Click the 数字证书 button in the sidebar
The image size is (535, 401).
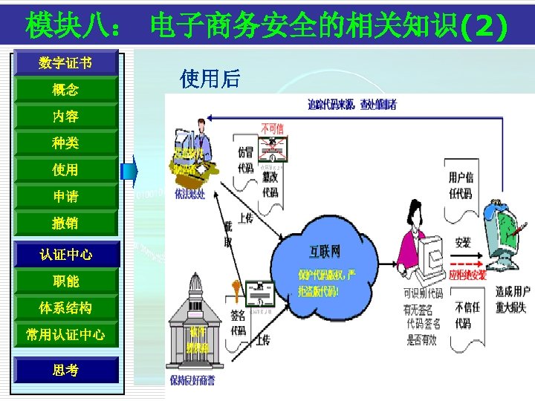pyautogui.click(x=65, y=63)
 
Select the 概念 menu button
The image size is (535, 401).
pyautogui.click(x=65, y=90)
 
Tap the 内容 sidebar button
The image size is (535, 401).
pyautogui.click(x=65, y=117)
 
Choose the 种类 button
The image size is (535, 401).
pyautogui.click(x=65, y=143)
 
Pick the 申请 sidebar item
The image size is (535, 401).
pyautogui.click(x=65, y=197)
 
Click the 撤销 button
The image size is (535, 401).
pyautogui.click(x=65, y=224)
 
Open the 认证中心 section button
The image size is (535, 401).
pyautogui.click(x=65, y=255)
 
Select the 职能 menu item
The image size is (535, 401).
pyautogui.click(x=65, y=281)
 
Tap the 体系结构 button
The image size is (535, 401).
pyautogui.click(x=65, y=308)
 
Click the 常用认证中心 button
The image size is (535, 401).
pyautogui.click(x=65, y=335)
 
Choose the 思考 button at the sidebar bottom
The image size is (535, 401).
pyautogui.click(x=65, y=370)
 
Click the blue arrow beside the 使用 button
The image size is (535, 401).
pyautogui.click(x=130, y=170)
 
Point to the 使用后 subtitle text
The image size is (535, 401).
pyautogui.click(x=210, y=79)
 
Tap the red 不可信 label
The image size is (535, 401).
pyautogui.click(x=272, y=128)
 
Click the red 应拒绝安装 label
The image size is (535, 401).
pyautogui.click(x=467, y=275)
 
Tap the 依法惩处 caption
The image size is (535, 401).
pyautogui.click(x=190, y=194)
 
